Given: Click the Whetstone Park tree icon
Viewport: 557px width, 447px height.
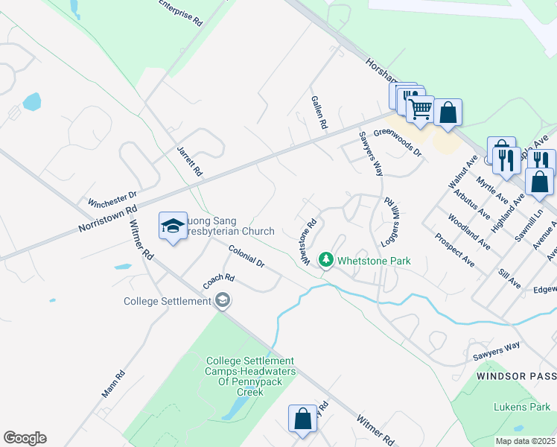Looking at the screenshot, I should pyautogui.click(x=325, y=260).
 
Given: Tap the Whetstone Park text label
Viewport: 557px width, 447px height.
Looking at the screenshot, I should pyautogui.click(x=374, y=261).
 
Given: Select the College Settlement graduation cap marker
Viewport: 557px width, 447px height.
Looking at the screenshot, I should pyautogui.click(x=222, y=301).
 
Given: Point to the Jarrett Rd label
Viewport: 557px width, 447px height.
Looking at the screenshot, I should pyautogui.click(x=189, y=160).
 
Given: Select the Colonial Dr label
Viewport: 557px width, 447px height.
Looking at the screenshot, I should pyautogui.click(x=246, y=256).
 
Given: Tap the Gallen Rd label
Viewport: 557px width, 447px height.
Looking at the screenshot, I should pyautogui.click(x=319, y=112).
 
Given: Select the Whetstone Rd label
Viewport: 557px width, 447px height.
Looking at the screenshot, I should pyautogui.click(x=310, y=239).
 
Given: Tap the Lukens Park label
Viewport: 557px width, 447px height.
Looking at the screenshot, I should pyautogui.click(x=521, y=407).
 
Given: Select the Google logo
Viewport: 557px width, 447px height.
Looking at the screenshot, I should pyautogui.click(x=25, y=438).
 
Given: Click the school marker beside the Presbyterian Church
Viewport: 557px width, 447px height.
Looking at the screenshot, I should pyautogui.click(x=173, y=226).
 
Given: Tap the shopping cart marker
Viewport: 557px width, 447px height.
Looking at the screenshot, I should pyautogui.click(x=421, y=109).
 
